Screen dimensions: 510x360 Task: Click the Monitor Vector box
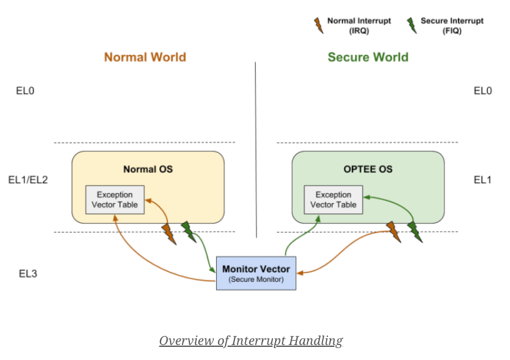pyautogui.click(x=256, y=273)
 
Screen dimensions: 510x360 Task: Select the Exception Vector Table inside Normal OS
pyautogui.click(x=115, y=199)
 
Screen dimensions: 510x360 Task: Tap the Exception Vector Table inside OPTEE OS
pyautogui.click(x=333, y=199)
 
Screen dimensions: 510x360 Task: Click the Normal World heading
pyautogui.click(x=145, y=57)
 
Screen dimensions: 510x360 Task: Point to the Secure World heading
pyautogui.click(x=368, y=57)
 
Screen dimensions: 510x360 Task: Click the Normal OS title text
pyautogui.click(x=148, y=169)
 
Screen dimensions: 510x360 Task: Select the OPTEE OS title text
pyautogui.click(x=368, y=169)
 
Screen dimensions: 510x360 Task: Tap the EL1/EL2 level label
pyautogui.click(x=28, y=180)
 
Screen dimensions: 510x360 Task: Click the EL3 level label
pyautogui.click(x=28, y=274)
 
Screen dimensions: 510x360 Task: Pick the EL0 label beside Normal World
pyautogui.click(x=25, y=91)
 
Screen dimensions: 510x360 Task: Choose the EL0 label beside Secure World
pyautogui.click(x=482, y=91)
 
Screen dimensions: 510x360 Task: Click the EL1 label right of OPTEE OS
pyautogui.click(x=482, y=180)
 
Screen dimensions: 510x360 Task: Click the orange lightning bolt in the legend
pyautogui.click(x=319, y=26)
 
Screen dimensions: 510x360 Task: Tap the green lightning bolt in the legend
pyautogui.click(x=412, y=26)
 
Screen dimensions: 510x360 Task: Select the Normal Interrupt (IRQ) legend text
pyautogui.click(x=359, y=26)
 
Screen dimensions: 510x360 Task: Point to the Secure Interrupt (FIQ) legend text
pyautogui.click(x=452, y=26)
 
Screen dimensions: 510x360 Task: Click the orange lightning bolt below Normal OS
pyautogui.click(x=169, y=234)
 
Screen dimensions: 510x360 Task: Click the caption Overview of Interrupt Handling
pyautogui.click(x=251, y=341)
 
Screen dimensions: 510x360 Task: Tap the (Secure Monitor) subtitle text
pyautogui.click(x=256, y=279)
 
